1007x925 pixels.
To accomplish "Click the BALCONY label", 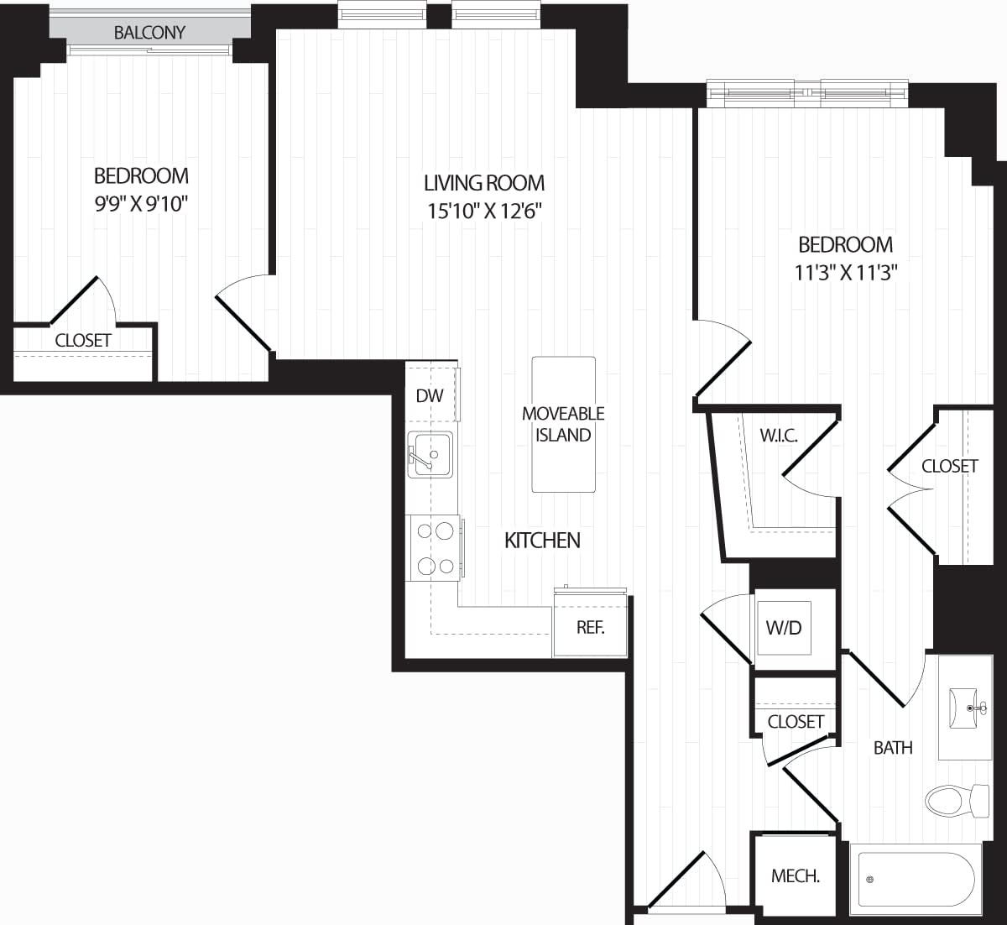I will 149,33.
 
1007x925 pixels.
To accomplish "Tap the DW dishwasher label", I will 430,395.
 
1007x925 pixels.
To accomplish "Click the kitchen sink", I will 430,454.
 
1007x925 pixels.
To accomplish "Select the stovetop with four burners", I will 435,548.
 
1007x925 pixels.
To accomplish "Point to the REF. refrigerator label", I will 590,627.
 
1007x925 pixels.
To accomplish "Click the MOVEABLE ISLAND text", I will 563,424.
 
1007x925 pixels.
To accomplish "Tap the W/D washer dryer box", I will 784,628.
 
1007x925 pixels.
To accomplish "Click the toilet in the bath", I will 957,800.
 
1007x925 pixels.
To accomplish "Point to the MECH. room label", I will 795,876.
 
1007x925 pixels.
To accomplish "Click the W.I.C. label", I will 778,436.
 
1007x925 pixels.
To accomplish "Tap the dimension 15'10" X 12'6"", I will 484,211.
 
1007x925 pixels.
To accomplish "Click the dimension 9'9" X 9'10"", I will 141,204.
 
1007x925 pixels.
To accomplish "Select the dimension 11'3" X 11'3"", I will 845,273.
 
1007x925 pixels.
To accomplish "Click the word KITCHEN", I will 542,540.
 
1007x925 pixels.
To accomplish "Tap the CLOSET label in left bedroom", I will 83,340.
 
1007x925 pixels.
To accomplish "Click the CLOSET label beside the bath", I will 795,721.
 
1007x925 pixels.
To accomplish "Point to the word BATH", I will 893,747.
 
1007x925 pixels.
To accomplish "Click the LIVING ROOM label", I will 484,183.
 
